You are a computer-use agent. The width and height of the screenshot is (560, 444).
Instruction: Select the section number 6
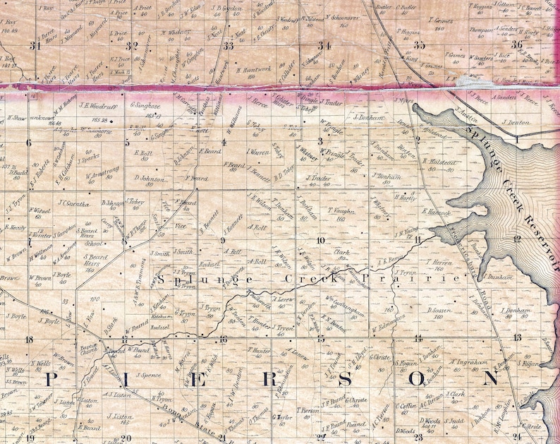pos(30,143)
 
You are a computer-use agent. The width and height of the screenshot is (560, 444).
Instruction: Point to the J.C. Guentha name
pos(72,205)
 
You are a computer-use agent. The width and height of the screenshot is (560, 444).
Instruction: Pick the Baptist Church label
pos(88,349)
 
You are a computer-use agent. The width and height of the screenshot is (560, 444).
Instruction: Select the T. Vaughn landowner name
pos(340,210)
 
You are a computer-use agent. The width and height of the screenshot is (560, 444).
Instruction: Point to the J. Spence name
pos(149,375)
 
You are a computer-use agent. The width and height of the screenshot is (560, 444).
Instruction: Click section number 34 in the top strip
pos(324,46)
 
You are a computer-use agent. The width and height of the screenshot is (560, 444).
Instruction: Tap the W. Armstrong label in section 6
pos(104,169)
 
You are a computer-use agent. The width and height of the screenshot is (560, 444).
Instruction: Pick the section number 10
pos(320,241)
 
